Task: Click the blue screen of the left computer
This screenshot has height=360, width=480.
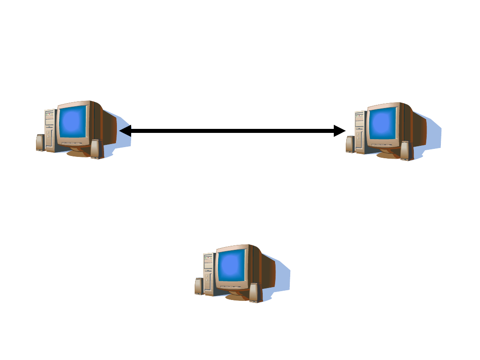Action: click(72, 122)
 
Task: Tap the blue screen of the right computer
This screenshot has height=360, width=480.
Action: click(383, 124)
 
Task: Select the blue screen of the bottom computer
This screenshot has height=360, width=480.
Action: click(231, 266)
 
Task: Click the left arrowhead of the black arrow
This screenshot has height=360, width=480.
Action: click(125, 131)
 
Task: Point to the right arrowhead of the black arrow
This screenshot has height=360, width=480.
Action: click(340, 131)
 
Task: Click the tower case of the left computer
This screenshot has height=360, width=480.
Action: click(50, 129)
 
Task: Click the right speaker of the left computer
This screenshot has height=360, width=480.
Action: click(96, 149)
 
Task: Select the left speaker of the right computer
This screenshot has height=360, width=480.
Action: click(350, 144)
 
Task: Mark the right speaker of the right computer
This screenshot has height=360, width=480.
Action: click(405, 151)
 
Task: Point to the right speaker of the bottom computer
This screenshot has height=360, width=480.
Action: click(254, 293)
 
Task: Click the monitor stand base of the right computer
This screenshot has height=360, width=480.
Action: click(388, 155)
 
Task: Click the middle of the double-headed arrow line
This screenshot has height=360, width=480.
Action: click(232, 131)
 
